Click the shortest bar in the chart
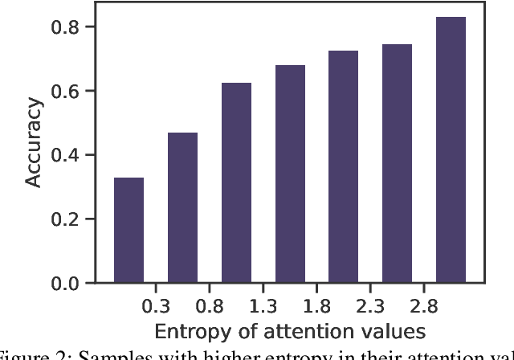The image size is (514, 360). tap(128, 231)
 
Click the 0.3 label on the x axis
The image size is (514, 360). tap(156, 306)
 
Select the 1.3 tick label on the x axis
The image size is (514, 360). tap(263, 306)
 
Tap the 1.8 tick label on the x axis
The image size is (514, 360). tap(316, 306)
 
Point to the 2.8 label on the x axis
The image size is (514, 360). tap(424, 306)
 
